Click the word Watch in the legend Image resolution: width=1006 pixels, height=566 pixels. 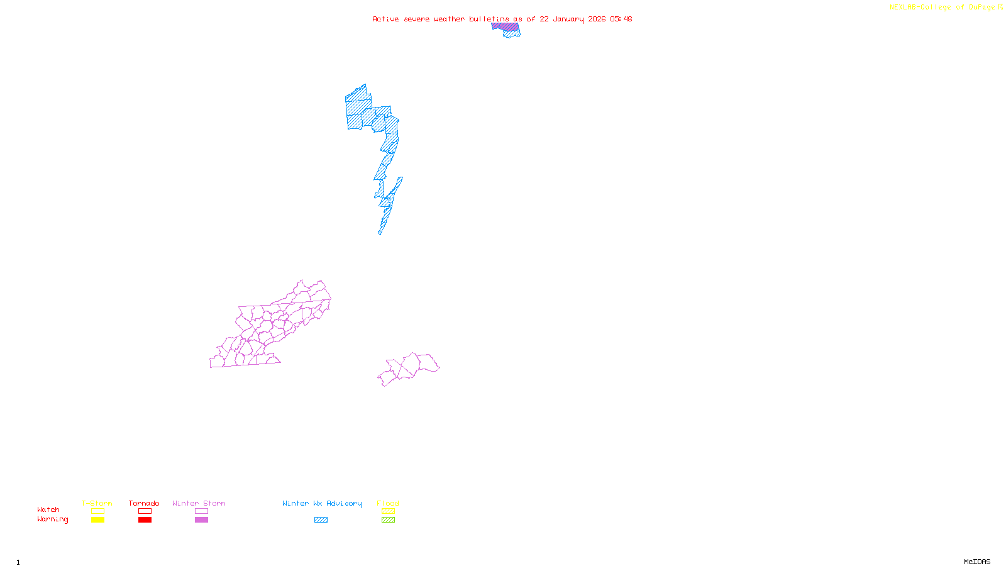pos(48,509)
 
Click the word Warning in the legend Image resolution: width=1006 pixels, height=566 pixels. pos(52,519)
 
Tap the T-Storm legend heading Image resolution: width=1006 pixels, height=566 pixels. pos(97,503)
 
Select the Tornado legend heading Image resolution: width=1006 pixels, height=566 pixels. pos(144,503)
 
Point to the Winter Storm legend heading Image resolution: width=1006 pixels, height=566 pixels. pos(199,503)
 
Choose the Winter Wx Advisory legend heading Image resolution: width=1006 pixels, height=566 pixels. pos(322,503)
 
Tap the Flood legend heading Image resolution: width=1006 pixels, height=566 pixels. pos(388,503)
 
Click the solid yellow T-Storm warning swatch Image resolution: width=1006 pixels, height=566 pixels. pos(97,520)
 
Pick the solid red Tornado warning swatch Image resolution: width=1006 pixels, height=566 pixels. pos(145,520)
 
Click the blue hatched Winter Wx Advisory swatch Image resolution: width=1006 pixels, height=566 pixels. pos(321,520)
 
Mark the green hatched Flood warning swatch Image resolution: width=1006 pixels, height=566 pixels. pos(389,520)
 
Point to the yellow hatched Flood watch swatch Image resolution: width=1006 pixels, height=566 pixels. pos(389,511)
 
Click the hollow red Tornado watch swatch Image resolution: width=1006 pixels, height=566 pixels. pos(145,511)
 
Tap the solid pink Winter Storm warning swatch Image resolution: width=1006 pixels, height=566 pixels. pos(201,520)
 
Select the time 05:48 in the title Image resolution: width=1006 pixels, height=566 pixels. pos(621,19)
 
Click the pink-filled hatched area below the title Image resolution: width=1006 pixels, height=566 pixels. pos(505,27)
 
